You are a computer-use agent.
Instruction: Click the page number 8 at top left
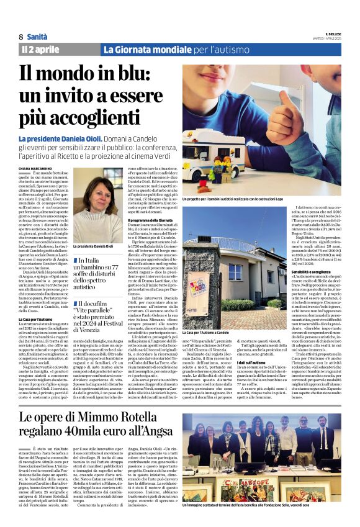[x=20, y=37]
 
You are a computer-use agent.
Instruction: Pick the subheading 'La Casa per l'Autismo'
[x=35, y=318]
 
